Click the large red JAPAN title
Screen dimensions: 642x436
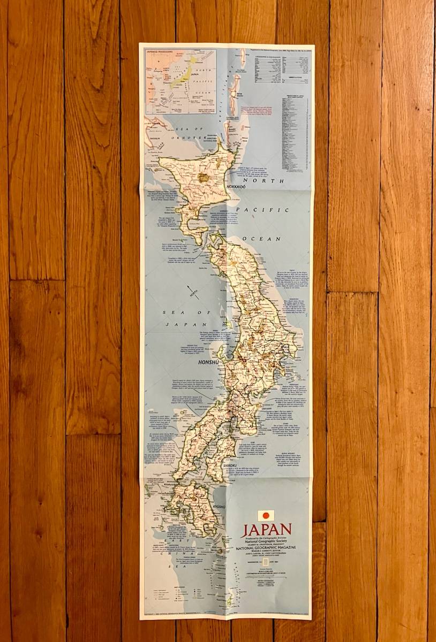[x=267, y=530]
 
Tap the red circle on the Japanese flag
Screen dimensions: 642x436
[x=266, y=516]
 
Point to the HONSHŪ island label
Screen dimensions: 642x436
[x=209, y=362]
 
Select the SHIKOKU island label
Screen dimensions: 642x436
[x=234, y=467]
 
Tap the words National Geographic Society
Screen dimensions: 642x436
[x=267, y=541]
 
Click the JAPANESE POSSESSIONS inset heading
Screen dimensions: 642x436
[x=161, y=53]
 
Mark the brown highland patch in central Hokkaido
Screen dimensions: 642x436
[x=204, y=177]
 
